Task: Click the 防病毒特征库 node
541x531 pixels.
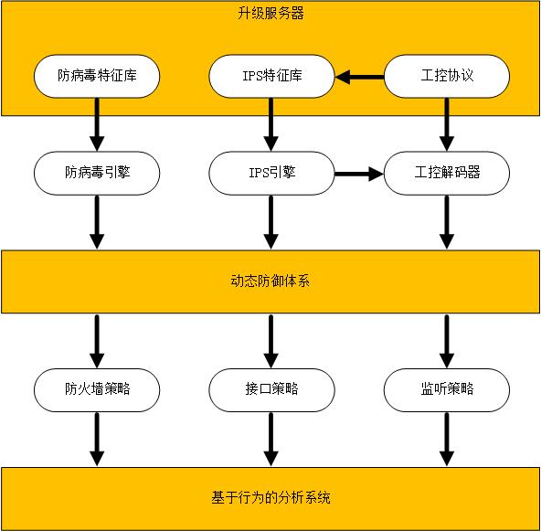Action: tap(97, 76)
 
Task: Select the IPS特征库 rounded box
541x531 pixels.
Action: tap(271, 76)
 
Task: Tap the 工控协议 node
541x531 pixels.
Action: tap(447, 76)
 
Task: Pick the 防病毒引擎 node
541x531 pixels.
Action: tap(97, 173)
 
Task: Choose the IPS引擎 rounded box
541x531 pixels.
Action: tap(271, 173)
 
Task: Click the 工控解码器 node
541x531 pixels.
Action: tap(447, 173)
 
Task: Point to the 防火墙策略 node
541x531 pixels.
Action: tap(97, 390)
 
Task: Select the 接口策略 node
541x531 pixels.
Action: tap(271, 390)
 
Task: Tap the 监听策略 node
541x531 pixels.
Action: tap(447, 390)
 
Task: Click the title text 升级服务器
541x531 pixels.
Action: tap(270, 14)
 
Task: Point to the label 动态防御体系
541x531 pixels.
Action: tap(270, 281)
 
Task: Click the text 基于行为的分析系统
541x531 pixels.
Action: tap(270, 498)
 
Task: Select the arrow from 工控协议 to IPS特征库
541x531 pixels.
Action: tap(359, 77)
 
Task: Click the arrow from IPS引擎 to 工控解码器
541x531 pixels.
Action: tap(359, 174)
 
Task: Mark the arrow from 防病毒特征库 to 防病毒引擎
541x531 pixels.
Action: tap(97, 124)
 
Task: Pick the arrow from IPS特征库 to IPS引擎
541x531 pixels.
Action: tap(270, 124)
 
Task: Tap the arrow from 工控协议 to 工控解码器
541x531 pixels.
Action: tap(447, 124)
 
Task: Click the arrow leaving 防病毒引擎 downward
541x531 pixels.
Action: tap(97, 222)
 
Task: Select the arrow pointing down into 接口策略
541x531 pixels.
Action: tap(270, 341)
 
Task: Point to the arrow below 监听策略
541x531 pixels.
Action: tap(447, 440)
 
